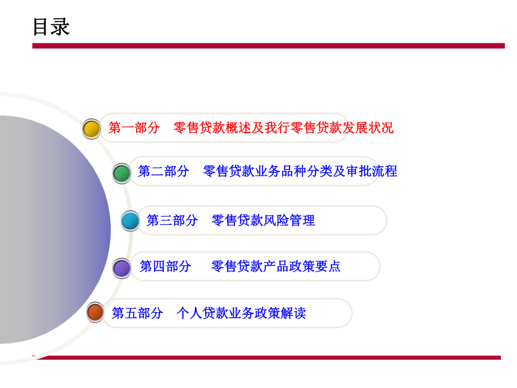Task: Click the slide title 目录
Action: coord(51,26)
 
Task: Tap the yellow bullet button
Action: coord(91,129)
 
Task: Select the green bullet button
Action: coord(121,173)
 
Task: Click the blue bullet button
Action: coord(130,221)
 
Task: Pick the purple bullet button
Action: coord(122,268)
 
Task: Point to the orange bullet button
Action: coord(96,312)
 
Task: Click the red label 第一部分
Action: coord(134,128)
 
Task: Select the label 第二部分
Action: coord(164,171)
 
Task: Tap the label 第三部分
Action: coord(172,220)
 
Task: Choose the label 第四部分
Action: coord(165,266)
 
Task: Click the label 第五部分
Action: coord(137,313)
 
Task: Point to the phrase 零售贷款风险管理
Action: coord(263,220)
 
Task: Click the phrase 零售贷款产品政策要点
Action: coord(276,266)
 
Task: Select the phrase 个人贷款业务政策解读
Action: coord(241,313)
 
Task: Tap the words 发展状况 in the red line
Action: coord(368,128)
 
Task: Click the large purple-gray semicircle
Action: coord(51,231)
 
